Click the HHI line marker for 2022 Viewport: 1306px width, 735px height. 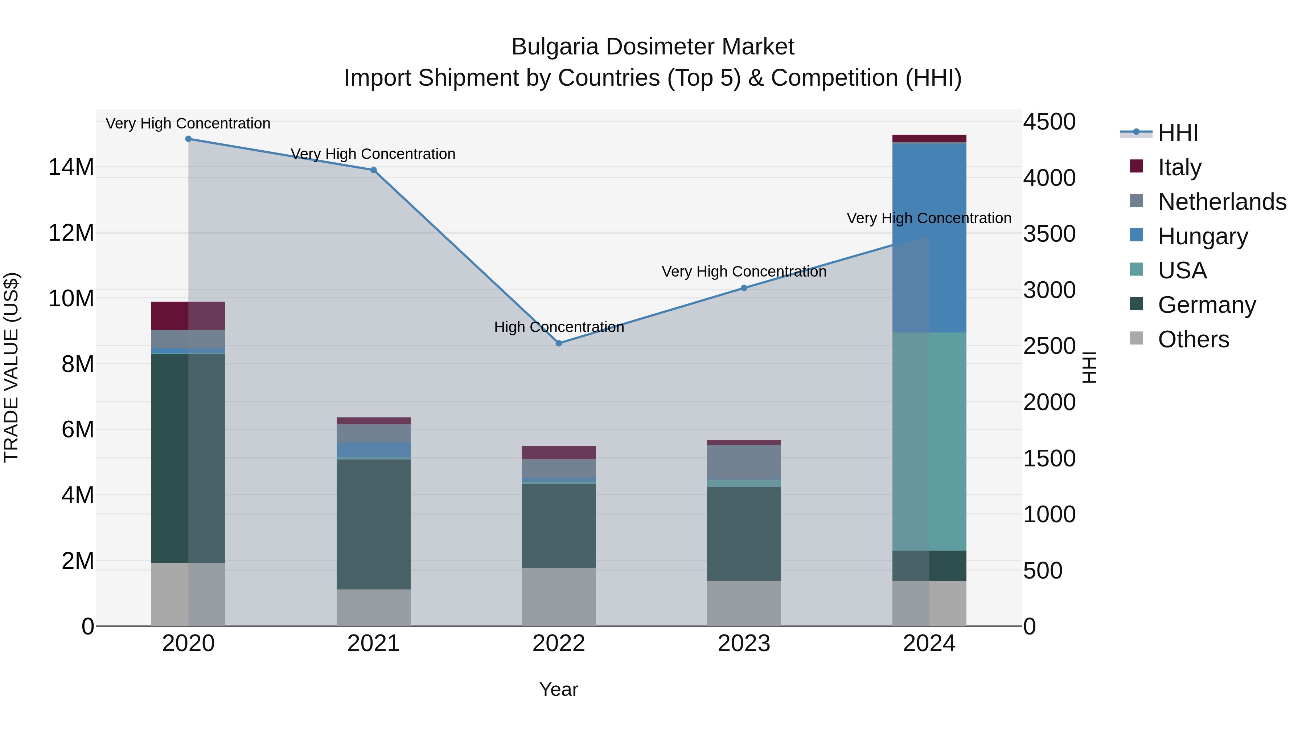coord(559,343)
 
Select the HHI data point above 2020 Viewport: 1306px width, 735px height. coord(188,139)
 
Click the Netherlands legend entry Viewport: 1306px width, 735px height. coord(1222,202)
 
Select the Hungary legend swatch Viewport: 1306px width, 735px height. coord(1136,235)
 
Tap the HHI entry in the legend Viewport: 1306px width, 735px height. coord(1178,133)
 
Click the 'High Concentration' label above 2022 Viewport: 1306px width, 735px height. coord(559,327)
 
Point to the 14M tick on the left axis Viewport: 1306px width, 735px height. coord(71,167)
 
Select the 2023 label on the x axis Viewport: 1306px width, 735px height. coord(744,644)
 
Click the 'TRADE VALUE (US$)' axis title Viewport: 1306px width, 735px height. coord(11,367)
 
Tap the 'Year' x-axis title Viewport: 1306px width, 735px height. coord(559,689)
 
